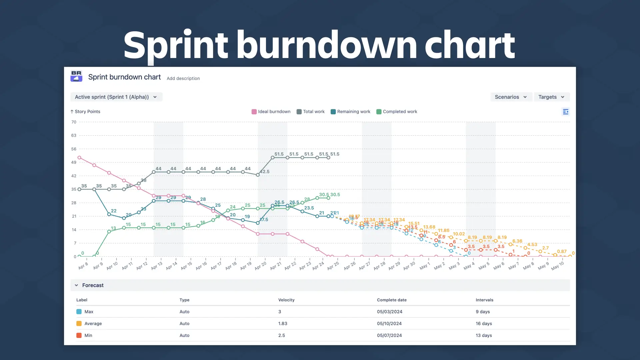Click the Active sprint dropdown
tap(116, 97)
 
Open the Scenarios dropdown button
tap(511, 97)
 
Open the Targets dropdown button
tap(551, 97)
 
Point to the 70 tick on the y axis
tap(74, 122)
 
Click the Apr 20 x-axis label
tap(261, 266)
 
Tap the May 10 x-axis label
tap(557, 266)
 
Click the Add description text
tap(183, 78)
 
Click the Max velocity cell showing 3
tap(280, 312)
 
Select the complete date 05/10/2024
tap(389, 324)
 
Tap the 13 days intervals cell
tap(484, 335)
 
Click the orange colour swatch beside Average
tap(79, 324)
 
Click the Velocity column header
tap(286, 300)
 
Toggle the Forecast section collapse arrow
tap(76, 285)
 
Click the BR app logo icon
tap(76, 76)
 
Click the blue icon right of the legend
tap(565, 112)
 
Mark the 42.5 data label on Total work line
tap(265, 172)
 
